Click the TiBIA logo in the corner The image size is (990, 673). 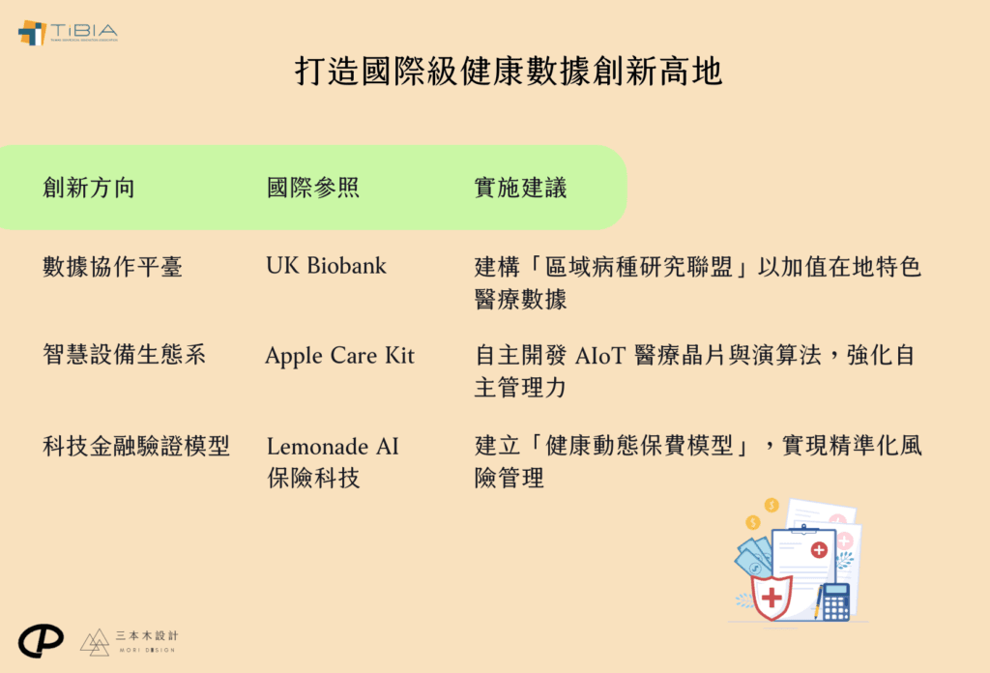click(x=68, y=32)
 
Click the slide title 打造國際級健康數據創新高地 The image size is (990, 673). click(x=509, y=71)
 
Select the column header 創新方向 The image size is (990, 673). click(x=89, y=188)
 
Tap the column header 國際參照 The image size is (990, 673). click(x=313, y=188)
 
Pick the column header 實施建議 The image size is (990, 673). click(x=520, y=188)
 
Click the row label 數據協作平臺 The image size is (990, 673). click(x=112, y=267)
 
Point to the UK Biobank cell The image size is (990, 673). click(x=327, y=266)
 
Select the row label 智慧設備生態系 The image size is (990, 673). click(x=125, y=354)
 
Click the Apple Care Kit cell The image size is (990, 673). click(x=339, y=356)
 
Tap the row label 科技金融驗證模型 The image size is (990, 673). click(x=136, y=446)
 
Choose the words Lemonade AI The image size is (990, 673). click(x=333, y=447)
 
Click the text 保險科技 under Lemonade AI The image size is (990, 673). click(x=313, y=478)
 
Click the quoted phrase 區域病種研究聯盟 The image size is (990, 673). click(x=638, y=267)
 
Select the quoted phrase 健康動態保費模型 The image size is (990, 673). click(x=638, y=446)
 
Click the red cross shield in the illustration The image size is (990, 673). click(x=771, y=597)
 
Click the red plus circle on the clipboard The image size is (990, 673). click(x=819, y=550)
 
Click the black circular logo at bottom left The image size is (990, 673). click(x=41, y=641)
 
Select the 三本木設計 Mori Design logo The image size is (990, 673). click(x=129, y=641)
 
